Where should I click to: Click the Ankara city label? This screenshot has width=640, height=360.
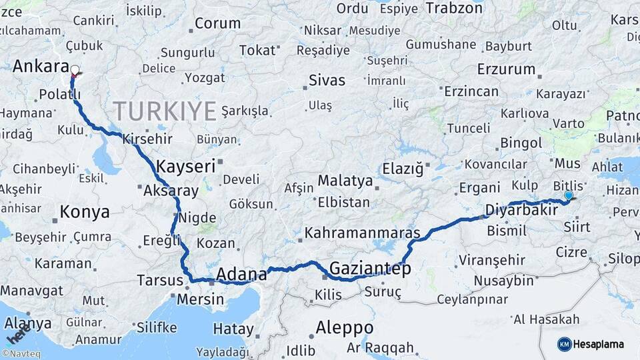[x=41, y=66]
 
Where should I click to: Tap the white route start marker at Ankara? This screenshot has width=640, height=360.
[x=75, y=69]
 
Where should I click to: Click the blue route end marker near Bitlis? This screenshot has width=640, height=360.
[x=568, y=195]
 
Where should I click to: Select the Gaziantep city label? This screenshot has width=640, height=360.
[x=370, y=268]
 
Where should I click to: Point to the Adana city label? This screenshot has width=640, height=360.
[x=242, y=273]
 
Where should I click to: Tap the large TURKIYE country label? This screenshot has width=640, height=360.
[x=165, y=110]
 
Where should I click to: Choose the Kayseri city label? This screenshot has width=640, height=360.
[x=186, y=165]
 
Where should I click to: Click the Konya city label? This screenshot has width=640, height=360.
[x=85, y=212]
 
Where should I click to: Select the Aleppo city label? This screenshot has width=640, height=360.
[x=344, y=327]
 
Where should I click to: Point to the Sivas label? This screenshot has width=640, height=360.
[x=327, y=81]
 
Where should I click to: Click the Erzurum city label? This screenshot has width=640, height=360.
[x=507, y=69]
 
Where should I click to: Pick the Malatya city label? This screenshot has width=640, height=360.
[x=345, y=181]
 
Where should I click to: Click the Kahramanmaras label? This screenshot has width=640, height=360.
[x=363, y=233]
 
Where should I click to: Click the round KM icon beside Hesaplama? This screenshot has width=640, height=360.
[x=565, y=344]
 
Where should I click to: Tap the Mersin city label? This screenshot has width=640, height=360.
[x=200, y=299]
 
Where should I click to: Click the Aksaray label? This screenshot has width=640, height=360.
[x=171, y=191]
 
